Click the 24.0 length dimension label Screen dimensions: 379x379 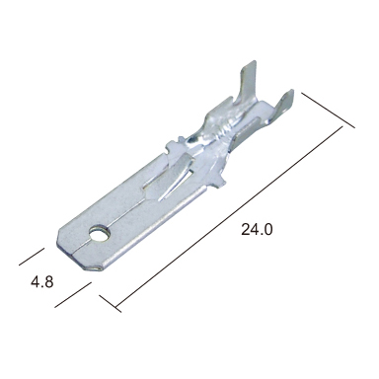pyautogui.click(x=257, y=229)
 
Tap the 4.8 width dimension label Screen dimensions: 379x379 pyautogui.click(x=42, y=282)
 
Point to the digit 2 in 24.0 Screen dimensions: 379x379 pyautogui.click(x=246, y=229)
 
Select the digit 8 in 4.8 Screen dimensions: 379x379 pyautogui.click(x=48, y=282)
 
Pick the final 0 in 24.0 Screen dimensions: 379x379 pyautogui.click(x=268, y=229)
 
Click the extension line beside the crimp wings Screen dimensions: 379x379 pyautogui.click(x=328, y=111)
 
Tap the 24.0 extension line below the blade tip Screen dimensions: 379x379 pyautogui.click(x=111, y=303)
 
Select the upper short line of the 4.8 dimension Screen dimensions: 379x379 pyautogui.click(x=32, y=257)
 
